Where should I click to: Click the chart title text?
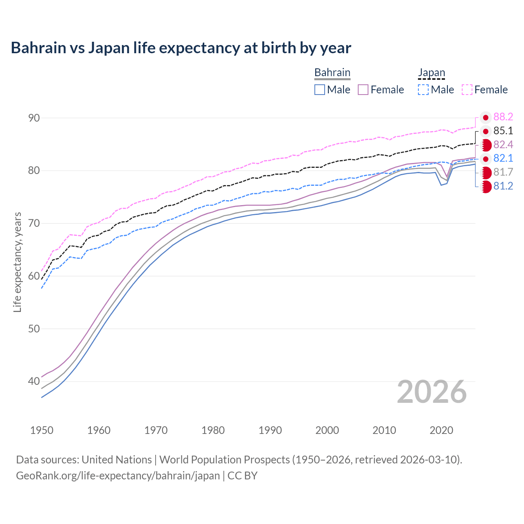(181, 48)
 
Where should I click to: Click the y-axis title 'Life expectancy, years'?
(17, 262)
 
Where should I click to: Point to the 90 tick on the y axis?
(34, 118)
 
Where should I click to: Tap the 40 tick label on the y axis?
(34, 381)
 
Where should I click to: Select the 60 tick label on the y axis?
(34, 276)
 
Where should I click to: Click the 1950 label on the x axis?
(42, 430)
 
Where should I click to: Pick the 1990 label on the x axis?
(270, 430)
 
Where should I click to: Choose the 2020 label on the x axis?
(441, 430)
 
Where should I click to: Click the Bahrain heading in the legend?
(332, 72)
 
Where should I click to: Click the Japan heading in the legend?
(431, 72)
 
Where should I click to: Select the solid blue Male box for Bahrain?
(320, 90)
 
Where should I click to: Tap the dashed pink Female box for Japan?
(467, 90)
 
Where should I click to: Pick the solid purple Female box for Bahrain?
(363, 90)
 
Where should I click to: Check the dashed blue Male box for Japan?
(423, 90)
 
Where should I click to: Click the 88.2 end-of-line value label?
(503, 117)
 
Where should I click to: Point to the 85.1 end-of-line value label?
(503, 131)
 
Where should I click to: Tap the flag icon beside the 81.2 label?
(486, 186)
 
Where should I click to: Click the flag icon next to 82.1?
(486, 159)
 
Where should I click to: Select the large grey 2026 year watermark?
(431, 392)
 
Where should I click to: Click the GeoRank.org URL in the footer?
(118, 475)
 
